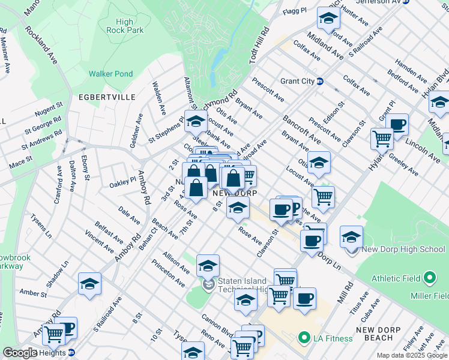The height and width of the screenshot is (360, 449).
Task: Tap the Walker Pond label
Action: (x=110, y=74)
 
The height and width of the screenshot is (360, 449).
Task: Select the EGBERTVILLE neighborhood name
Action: (x=101, y=97)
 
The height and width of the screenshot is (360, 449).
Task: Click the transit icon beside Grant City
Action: (x=320, y=81)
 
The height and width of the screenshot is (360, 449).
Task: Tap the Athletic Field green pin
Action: (x=430, y=278)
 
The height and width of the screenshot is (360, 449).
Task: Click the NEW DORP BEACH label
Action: (x=382, y=334)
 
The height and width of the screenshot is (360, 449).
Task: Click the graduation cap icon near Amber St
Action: (x=89, y=283)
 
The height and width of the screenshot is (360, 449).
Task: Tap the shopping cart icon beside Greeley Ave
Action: (x=382, y=138)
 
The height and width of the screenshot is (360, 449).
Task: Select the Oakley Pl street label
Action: (x=123, y=182)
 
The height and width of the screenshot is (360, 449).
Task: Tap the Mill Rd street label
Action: (x=345, y=292)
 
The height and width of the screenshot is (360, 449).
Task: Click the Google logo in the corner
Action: (x=20, y=353)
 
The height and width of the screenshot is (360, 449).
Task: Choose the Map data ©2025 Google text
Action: (x=412, y=355)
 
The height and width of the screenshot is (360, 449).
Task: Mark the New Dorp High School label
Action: (x=403, y=250)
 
